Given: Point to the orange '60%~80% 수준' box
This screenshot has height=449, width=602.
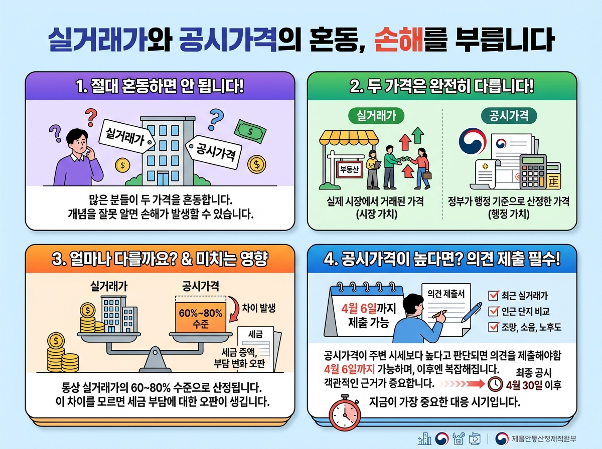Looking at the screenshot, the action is [x=200, y=318].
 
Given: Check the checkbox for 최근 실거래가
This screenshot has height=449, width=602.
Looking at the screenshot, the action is [x=493, y=295].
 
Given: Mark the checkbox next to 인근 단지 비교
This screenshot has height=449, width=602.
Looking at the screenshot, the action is [x=493, y=311].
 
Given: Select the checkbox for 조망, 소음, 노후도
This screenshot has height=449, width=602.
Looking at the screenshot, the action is [x=493, y=327].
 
